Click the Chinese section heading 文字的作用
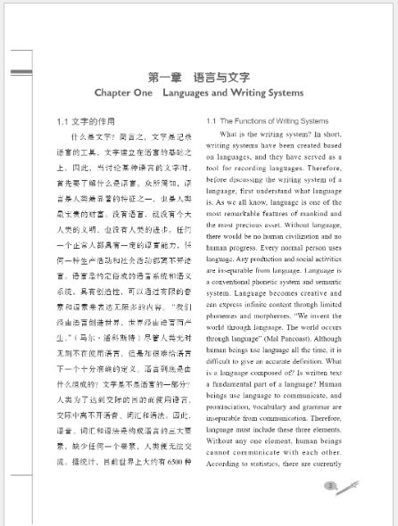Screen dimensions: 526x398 pyautogui.click(x=94, y=120)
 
